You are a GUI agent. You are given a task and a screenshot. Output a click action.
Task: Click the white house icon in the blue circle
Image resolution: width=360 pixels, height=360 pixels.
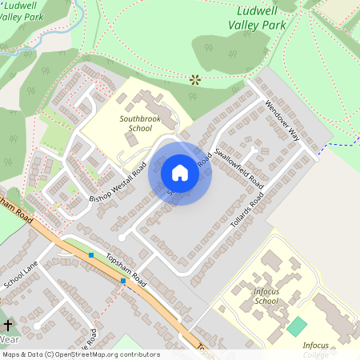180,173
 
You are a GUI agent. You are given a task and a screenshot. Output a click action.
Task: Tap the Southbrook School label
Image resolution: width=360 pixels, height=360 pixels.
135,122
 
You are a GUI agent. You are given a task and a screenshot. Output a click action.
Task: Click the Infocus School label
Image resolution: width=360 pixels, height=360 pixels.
266,296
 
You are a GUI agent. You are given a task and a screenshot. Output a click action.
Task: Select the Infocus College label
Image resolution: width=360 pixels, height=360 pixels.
316,349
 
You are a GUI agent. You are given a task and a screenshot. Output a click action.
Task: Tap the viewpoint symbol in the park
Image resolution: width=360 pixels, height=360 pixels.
194,79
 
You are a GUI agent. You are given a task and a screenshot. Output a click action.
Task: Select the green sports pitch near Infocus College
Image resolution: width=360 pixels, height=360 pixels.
297,326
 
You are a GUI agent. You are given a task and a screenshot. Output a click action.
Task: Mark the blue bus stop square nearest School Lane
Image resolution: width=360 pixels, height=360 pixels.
91,255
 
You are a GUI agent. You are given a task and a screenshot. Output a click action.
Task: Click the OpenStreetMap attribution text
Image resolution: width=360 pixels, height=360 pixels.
80,354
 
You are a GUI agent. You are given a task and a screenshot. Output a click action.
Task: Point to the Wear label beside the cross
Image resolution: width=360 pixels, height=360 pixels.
10,339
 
